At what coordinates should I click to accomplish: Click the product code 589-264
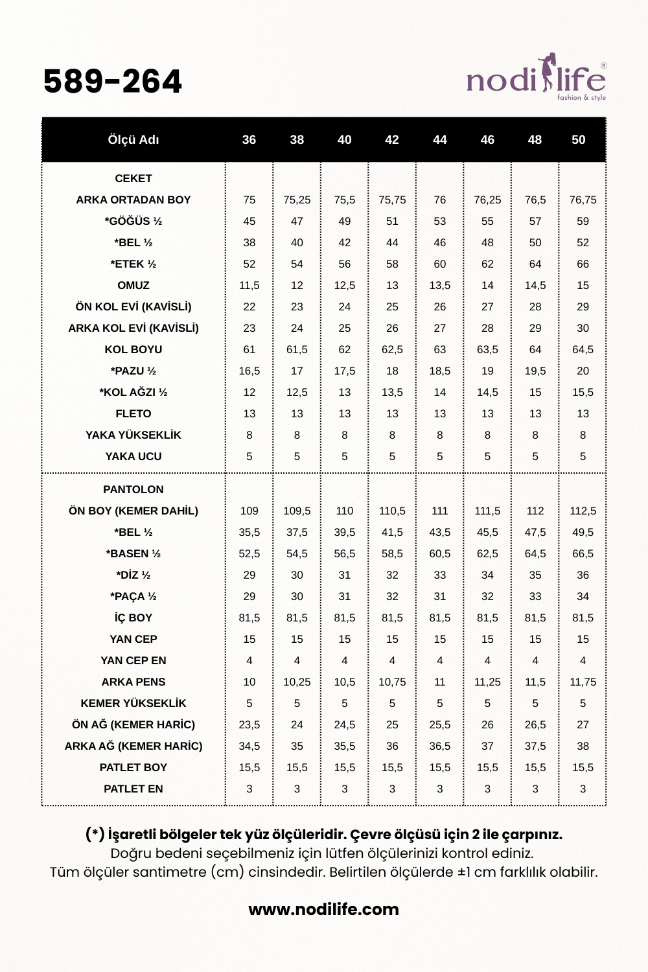tap(113, 82)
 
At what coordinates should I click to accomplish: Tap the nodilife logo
tap(537, 81)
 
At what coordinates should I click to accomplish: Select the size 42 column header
tap(392, 140)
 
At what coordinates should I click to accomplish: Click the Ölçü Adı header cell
tap(133, 140)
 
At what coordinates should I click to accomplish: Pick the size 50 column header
tap(579, 140)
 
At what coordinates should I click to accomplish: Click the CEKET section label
tap(133, 178)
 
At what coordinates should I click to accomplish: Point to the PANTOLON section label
tap(133, 489)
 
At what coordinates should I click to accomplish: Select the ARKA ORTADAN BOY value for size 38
tap(297, 200)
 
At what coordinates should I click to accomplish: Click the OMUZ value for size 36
tap(249, 285)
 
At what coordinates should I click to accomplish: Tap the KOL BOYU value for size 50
tap(583, 349)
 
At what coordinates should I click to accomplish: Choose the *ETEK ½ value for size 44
tap(440, 264)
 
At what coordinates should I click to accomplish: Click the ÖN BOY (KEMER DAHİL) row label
tap(133, 511)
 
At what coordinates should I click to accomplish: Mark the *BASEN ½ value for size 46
tap(487, 553)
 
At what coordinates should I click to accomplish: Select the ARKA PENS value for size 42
tap(392, 682)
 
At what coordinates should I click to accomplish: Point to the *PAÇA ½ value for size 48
tap(535, 596)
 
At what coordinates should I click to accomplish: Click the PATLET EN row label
tap(133, 789)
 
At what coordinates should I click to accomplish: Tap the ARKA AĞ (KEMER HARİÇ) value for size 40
tap(345, 746)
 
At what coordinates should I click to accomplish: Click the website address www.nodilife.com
tap(324, 909)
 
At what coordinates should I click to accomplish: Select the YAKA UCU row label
tap(133, 456)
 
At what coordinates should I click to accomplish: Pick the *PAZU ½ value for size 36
tap(249, 371)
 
